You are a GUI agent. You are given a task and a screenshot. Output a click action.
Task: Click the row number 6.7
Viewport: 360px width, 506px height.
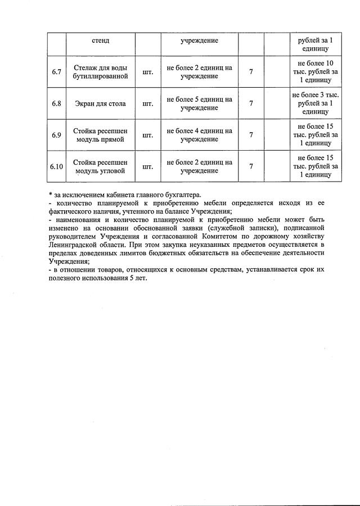tap(56, 72)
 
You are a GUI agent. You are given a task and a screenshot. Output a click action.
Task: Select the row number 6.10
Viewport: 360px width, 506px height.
tap(56, 166)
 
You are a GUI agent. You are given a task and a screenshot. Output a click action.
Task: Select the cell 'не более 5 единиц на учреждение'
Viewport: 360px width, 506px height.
tap(199, 103)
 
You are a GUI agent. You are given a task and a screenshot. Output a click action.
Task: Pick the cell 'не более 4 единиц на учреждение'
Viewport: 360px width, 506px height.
tap(199, 135)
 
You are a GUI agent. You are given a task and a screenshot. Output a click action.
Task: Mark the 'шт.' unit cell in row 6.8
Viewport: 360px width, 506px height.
tap(148, 103)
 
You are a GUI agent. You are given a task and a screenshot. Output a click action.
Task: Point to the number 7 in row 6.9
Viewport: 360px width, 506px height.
tap(251, 135)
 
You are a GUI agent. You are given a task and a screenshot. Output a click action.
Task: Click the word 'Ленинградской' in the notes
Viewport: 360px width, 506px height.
tap(74, 245)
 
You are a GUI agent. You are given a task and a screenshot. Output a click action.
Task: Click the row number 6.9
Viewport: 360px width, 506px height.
tap(56, 135)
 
